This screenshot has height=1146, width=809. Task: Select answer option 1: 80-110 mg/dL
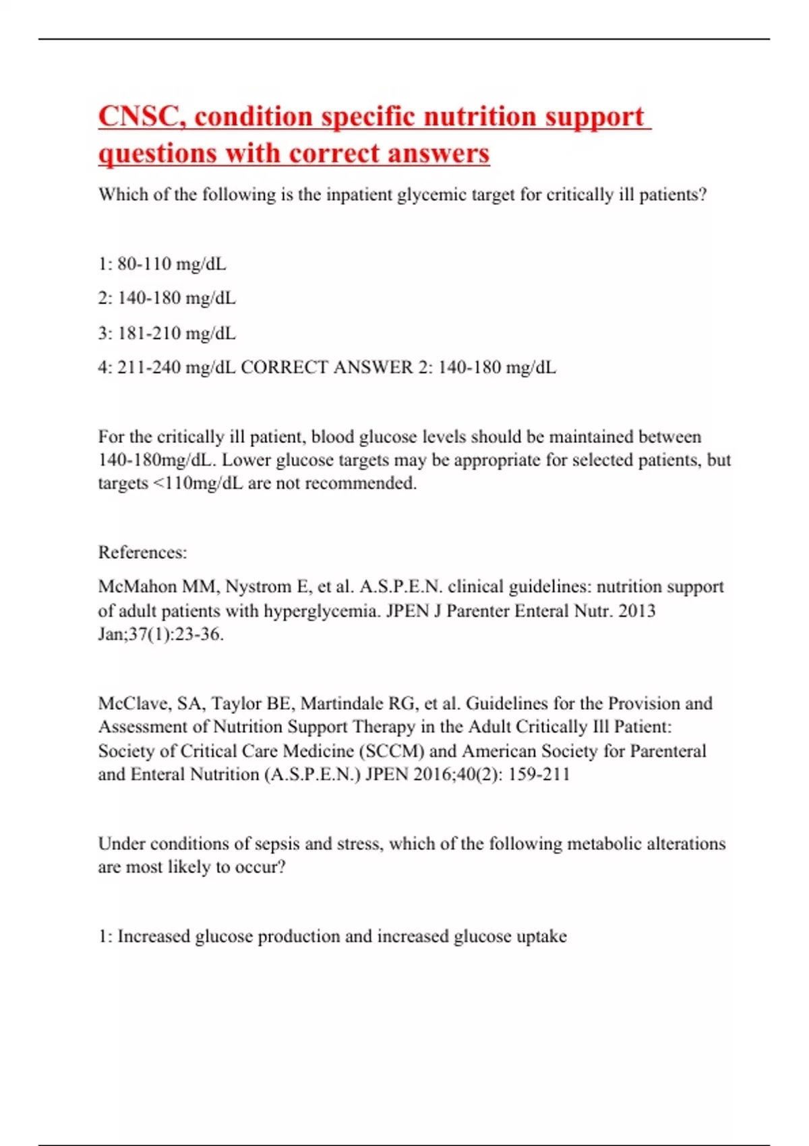point(162,264)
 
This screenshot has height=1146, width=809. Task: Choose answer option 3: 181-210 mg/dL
point(167,333)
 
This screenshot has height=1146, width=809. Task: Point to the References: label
point(142,552)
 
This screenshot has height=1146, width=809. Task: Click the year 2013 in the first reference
point(636,611)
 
